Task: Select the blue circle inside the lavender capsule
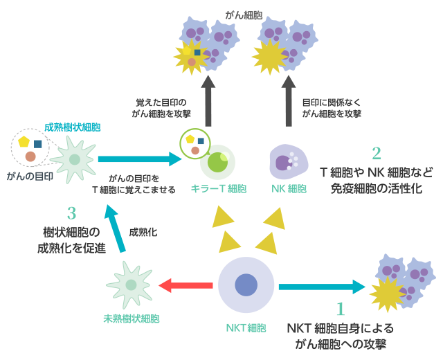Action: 246,285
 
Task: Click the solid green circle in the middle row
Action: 217,162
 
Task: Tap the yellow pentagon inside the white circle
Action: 190,139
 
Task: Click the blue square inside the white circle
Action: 201,141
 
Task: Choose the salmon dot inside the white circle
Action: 195,150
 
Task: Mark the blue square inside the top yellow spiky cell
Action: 197,53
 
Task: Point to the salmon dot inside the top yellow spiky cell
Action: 192,62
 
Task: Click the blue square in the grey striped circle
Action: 40,144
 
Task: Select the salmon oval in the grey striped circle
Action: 35,156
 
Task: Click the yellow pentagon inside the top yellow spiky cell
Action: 186,51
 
